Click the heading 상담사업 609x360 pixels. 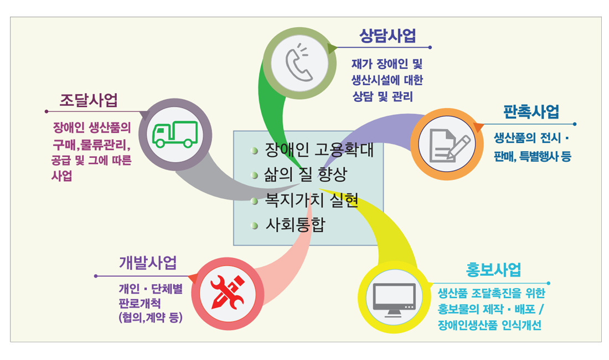tap(388, 36)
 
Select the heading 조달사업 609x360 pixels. tap(89, 100)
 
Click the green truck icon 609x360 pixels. tap(175, 135)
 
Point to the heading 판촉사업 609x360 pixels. tap(531, 112)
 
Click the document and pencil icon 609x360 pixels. tap(450, 145)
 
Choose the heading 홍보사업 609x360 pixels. tap(493, 270)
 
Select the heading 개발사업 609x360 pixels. tap(148, 263)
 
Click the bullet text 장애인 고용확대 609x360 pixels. tap(319, 150)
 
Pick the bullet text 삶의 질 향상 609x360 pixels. tap(305, 175)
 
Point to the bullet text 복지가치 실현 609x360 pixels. tap(312, 200)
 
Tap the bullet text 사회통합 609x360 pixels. tap(295, 225)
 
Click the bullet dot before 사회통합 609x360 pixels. tap(255, 225)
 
